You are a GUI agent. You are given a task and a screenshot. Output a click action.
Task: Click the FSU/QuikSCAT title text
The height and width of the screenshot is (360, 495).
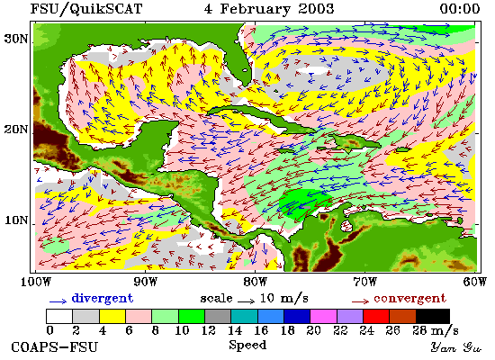[86, 9]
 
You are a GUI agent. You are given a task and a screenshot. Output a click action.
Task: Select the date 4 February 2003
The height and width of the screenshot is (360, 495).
[269, 9]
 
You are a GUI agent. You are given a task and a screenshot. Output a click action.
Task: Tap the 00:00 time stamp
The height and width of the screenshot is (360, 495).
[460, 9]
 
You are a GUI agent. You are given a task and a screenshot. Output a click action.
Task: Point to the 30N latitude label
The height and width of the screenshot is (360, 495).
[16, 40]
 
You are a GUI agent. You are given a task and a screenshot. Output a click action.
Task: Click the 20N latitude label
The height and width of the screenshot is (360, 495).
[16, 130]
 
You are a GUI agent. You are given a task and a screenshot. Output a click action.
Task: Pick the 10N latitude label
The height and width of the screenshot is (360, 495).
[16, 220]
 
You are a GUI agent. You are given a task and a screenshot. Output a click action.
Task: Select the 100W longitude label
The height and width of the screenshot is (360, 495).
[36, 282]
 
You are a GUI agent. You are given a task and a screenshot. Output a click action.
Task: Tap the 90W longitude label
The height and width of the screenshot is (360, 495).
[146, 282]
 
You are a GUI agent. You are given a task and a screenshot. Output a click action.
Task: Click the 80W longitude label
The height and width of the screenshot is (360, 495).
[256, 282]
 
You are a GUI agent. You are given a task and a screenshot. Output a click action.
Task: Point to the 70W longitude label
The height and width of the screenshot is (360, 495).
[365, 282]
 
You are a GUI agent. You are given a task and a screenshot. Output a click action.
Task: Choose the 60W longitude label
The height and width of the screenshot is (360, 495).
[475, 282]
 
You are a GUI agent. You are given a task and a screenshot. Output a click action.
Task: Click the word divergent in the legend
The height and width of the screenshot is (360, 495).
[103, 299]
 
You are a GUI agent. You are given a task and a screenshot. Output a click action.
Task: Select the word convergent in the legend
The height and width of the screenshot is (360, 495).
[410, 299]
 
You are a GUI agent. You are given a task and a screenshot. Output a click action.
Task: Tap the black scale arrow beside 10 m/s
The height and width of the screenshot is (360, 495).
[247, 301]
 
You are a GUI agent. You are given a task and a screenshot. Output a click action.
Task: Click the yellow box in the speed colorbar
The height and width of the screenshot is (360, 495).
[112, 317]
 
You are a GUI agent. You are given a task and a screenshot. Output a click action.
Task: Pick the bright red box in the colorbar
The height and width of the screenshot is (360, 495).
[376, 317]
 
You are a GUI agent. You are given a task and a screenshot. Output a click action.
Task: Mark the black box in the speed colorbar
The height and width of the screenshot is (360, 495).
[433, 317]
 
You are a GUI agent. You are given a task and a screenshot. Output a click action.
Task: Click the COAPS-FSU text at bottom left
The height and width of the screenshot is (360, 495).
[55, 347]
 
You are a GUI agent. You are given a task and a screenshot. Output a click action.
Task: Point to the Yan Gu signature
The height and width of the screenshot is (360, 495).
[455, 347]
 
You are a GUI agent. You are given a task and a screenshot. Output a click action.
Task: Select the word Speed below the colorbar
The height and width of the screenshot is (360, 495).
[247, 346]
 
